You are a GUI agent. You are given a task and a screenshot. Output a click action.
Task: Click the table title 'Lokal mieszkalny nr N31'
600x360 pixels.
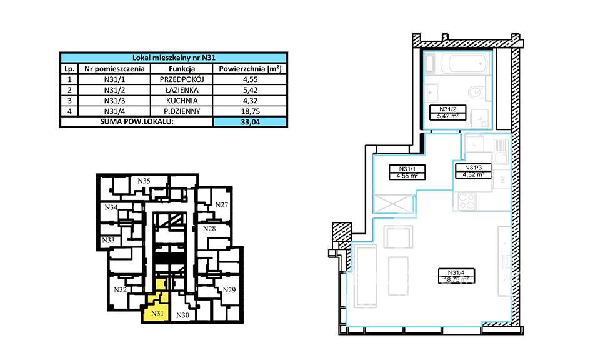tap(174, 57)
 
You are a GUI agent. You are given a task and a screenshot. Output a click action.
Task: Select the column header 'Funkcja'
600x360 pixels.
tap(182, 69)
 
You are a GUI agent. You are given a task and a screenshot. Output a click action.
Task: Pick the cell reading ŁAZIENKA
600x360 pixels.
tap(182, 89)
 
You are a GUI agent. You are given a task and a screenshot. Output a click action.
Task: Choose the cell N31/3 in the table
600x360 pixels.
tap(114, 99)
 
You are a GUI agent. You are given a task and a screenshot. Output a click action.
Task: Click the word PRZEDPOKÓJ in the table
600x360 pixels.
tap(182, 79)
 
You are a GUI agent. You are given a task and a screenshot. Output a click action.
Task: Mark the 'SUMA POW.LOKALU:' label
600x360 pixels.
tap(136, 122)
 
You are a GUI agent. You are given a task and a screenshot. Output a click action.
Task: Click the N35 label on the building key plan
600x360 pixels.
tap(144, 181)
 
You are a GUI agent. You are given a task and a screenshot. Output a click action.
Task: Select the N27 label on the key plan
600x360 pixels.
tap(221, 205)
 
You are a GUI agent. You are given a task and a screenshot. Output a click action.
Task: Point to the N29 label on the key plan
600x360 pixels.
tap(229, 290)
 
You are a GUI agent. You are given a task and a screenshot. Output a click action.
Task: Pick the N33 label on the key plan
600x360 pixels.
tap(108, 240)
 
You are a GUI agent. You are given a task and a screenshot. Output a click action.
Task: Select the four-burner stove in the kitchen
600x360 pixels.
tap(466, 201)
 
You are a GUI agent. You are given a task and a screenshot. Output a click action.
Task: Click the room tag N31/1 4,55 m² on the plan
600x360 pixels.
tap(402, 172)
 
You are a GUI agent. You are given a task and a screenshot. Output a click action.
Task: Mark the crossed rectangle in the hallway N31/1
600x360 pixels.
tap(392, 204)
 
